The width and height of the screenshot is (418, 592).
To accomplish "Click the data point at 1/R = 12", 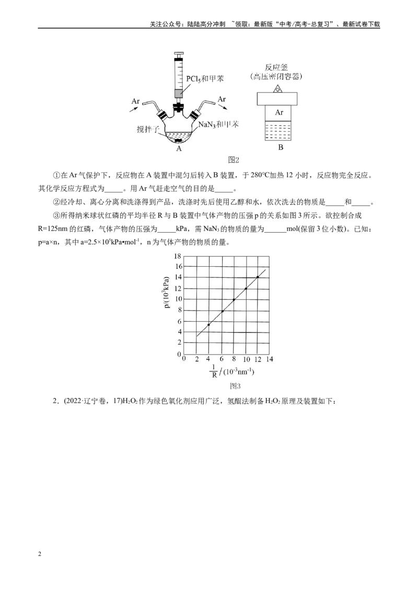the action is [258, 277].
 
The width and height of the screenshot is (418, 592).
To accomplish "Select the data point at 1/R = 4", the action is [208, 324].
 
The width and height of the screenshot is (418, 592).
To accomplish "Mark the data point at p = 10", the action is [234, 300].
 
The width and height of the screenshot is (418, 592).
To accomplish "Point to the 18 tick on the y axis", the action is [178, 256].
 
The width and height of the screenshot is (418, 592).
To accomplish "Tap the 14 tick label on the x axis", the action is [270, 359].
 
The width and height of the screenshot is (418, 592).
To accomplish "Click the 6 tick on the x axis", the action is [222, 359].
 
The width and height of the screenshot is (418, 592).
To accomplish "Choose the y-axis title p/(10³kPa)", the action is [166, 292].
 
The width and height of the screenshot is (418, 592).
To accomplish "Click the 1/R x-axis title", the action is [231, 371].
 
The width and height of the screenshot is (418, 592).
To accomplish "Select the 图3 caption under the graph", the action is [235, 386].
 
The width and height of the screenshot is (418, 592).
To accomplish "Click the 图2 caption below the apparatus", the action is [234, 160].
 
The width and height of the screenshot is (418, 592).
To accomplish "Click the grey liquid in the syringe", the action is [178, 93].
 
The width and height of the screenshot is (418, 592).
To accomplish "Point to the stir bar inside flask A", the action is [177, 141].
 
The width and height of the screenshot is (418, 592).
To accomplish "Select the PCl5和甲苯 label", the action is [205, 78].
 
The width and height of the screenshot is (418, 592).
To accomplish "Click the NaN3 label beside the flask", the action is [219, 124].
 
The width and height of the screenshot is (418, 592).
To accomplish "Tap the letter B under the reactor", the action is [280, 147].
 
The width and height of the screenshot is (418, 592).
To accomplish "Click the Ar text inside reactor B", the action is [279, 112].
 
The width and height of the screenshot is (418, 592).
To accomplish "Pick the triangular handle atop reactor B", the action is [278, 89].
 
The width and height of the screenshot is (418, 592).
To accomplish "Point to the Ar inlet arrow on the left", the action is [134, 109].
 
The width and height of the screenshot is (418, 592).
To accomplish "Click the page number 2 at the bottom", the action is [40, 554].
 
